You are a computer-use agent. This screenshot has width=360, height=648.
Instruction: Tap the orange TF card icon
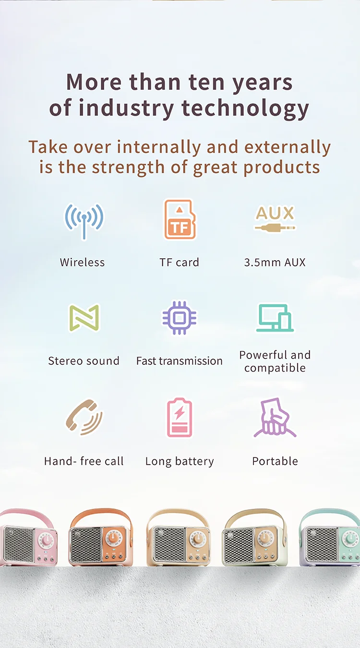click(x=180, y=219)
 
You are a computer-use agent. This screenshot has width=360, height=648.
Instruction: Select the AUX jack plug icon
click(x=275, y=219)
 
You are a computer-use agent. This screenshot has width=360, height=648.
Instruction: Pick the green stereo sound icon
click(x=84, y=317)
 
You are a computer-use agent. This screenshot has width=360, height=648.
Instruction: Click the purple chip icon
click(x=180, y=318)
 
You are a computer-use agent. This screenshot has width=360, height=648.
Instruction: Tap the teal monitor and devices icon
click(x=275, y=318)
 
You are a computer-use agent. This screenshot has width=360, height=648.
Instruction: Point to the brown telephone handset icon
click(x=84, y=417)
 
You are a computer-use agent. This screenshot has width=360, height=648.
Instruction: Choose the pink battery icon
click(x=180, y=417)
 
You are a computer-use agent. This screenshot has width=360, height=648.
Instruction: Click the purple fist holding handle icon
click(x=275, y=417)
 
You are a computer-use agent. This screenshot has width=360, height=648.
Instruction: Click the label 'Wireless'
click(x=82, y=263)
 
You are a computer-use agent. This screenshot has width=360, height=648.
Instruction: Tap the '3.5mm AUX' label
click(x=275, y=263)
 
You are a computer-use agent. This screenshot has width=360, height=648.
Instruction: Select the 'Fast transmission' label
click(x=180, y=361)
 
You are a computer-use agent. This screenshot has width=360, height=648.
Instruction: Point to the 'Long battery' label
click(x=180, y=461)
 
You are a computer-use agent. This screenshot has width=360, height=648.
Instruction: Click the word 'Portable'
click(x=275, y=461)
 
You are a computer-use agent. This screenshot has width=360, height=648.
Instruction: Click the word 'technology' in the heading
click(x=245, y=108)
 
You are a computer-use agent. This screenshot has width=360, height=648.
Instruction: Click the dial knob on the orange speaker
click(x=113, y=538)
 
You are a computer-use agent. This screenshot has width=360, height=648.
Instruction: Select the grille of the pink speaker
click(x=19, y=543)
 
